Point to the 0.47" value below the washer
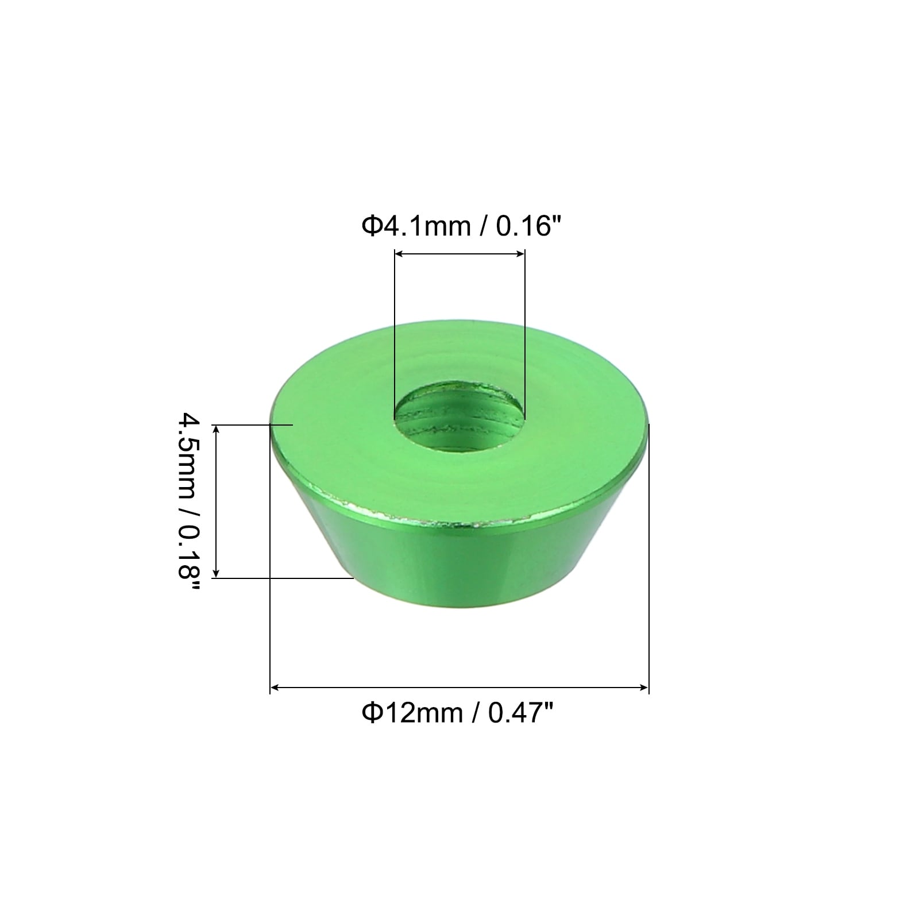[x=520, y=713]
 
